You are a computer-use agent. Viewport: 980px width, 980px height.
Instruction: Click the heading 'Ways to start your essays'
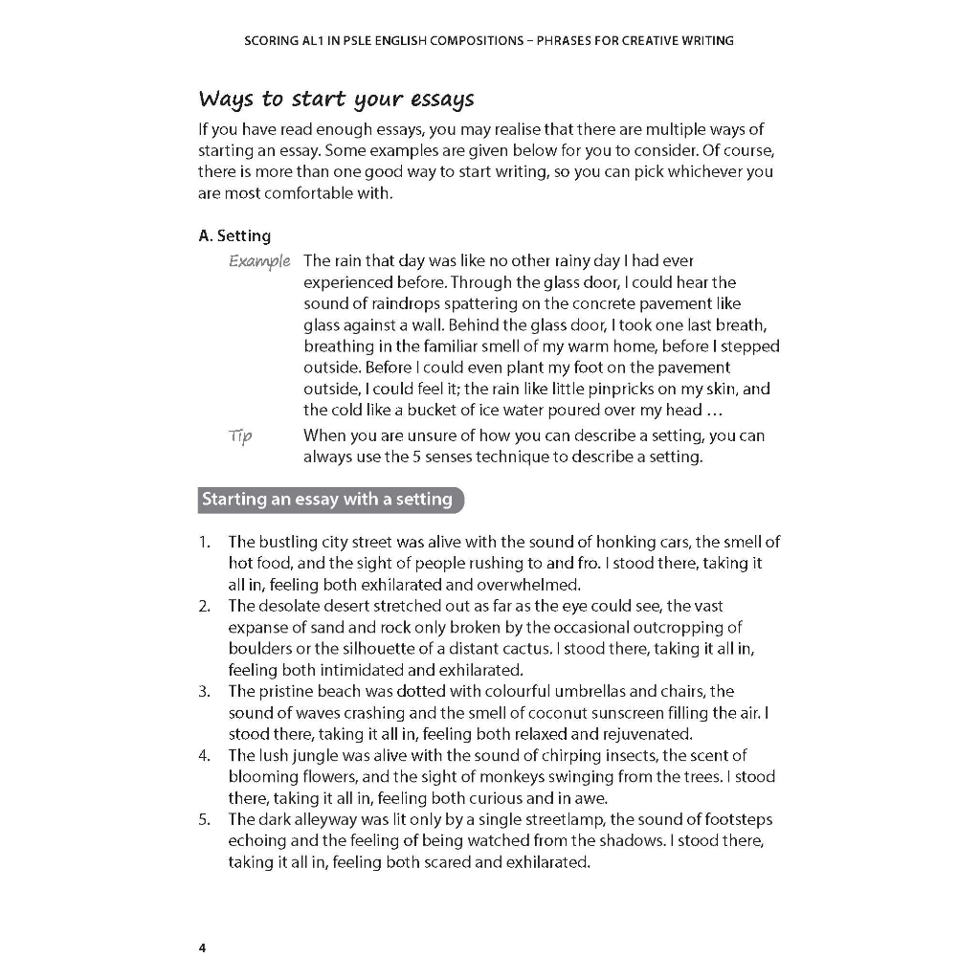click(336, 100)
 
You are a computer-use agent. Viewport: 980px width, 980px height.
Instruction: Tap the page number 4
click(202, 948)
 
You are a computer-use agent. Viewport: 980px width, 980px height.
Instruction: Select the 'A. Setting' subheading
click(234, 235)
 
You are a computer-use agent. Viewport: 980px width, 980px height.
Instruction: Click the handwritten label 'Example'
click(259, 261)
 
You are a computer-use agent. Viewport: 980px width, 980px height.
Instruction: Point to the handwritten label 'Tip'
click(240, 436)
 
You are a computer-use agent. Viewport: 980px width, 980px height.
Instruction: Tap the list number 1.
click(204, 542)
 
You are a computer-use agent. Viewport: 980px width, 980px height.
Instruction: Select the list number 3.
click(204, 691)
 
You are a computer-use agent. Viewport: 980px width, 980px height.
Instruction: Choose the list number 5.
click(204, 819)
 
